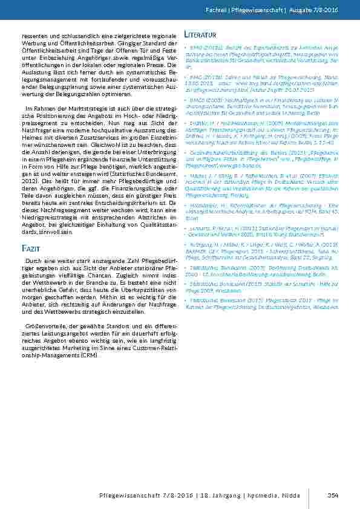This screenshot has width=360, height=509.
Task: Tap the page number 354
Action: coord(333,496)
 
